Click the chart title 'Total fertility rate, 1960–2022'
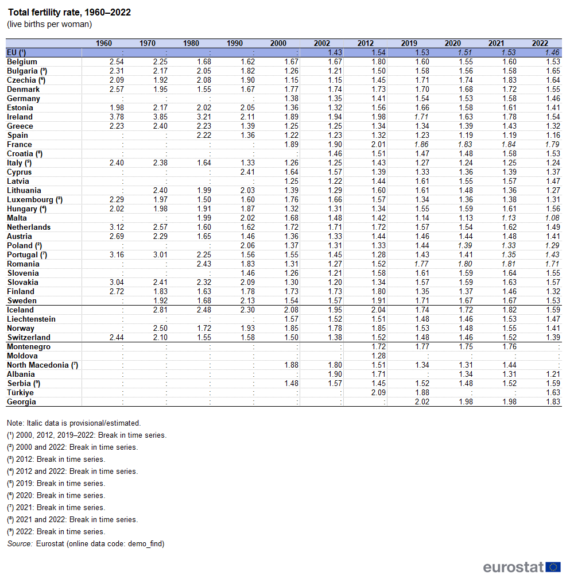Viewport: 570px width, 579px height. pyautogui.click(x=69, y=13)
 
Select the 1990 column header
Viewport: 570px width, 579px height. pyautogui.click(x=235, y=43)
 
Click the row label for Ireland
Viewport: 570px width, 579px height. pyautogui.click(x=20, y=117)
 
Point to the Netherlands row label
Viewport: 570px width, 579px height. pyautogui.click(x=29, y=227)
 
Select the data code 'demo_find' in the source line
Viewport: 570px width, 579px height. pyautogui.click(x=145, y=543)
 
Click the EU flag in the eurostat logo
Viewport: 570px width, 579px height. pyautogui.click(x=553, y=567)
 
